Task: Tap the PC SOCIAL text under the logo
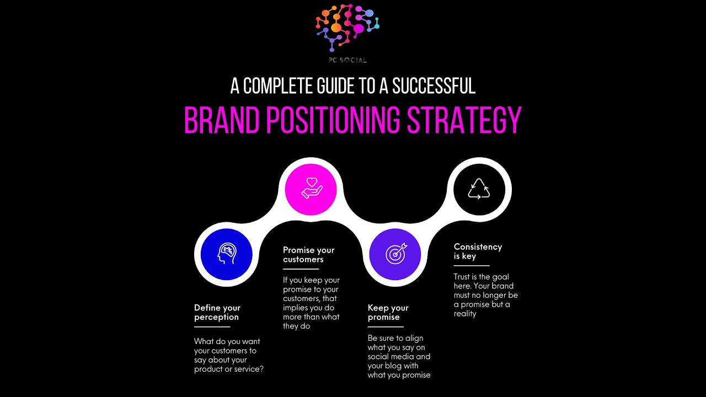pyautogui.click(x=347, y=60)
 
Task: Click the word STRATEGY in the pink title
pyautogui.click(x=464, y=121)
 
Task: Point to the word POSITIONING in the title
pyautogui.click(x=333, y=121)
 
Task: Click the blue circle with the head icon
pyautogui.click(x=227, y=255)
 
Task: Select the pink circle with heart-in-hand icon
pyautogui.click(x=311, y=190)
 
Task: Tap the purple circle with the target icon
pyautogui.click(x=395, y=254)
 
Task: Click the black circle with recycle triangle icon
pyautogui.click(x=479, y=190)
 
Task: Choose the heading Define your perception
pyautogui.click(x=217, y=312)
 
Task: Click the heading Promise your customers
pyautogui.click(x=309, y=254)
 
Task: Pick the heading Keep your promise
pyautogui.click(x=388, y=312)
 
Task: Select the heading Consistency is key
pyautogui.click(x=478, y=251)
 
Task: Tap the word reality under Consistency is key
pyautogui.click(x=465, y=314)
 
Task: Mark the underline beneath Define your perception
pyautogui.click(x=212, y=327)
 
